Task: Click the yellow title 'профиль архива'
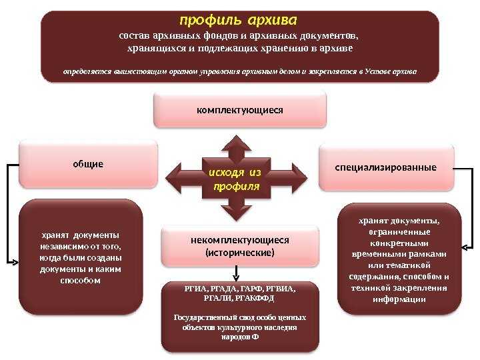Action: tap(238, 21)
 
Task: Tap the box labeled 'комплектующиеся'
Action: tap(240, 110)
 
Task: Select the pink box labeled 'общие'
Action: tap(88, 164)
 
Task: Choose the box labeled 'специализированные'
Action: tap(386, 168)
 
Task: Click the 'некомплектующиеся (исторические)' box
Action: tap(240, 246)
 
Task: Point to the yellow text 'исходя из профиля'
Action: tap(235, 179)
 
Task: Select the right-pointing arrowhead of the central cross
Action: tap(299, 178)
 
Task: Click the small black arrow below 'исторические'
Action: tap(236, 273)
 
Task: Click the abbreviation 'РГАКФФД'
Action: tap(255, 298)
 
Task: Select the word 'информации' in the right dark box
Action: tap(399, 299)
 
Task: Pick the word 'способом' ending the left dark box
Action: tap(80, 281)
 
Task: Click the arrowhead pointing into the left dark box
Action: tap(15, 263)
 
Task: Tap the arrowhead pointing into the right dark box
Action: tap(465, 247)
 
